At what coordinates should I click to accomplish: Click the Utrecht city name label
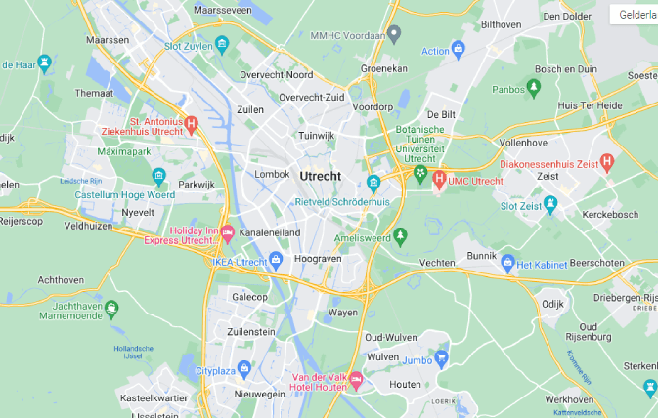point(321,175)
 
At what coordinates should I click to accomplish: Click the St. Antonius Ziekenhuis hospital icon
point(192,123)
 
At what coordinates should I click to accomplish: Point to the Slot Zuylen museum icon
point(222,44)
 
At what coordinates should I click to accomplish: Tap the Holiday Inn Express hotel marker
point(227,233)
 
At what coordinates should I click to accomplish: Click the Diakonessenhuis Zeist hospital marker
point(607,161)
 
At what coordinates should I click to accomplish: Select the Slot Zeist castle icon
point(550,204)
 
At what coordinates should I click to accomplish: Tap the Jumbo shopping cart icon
point(441,358)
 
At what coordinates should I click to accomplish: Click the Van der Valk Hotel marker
point(357,381)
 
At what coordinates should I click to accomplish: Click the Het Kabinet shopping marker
point(507,263)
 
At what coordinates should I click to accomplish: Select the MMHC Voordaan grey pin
point(394,34)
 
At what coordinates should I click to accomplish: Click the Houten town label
point(405,385)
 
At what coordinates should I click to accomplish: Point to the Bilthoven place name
point(502,23)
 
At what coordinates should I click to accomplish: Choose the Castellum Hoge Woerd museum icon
point(158,177)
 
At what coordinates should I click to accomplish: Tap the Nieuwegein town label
point(257,393)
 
